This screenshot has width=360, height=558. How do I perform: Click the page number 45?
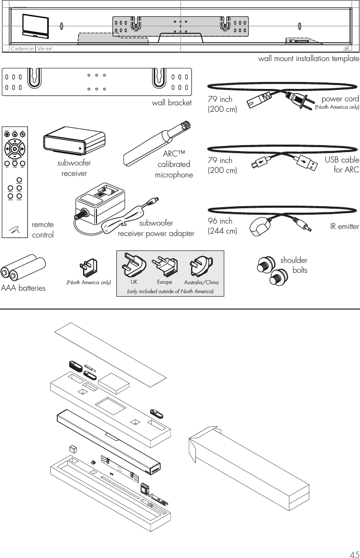point(352,550)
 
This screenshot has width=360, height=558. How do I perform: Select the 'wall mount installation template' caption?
point(308,59)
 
